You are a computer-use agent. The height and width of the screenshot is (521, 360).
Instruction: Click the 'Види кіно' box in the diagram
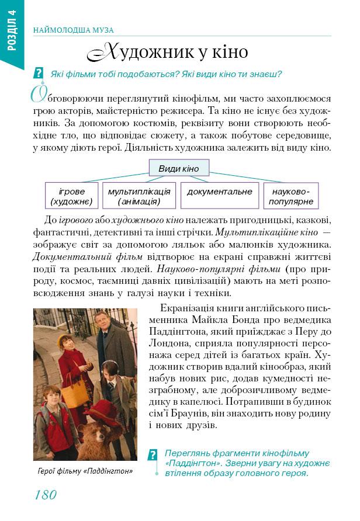[x=179, y=169]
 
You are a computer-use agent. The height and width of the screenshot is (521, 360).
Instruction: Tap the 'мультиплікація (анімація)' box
[x=139, y=196]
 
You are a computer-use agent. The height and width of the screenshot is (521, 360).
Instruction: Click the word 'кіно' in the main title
[x=231, y=52]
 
